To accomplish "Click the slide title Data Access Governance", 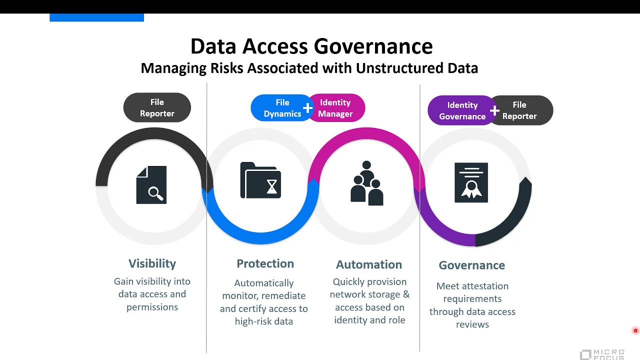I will coord(311,46).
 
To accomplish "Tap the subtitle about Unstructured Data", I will coord(309,68).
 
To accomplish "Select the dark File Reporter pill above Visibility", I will coord(157,107).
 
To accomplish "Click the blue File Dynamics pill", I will coord(280,108).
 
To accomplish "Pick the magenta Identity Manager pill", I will coord(337,108).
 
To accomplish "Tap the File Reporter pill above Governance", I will coord(521,110).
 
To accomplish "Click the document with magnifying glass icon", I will coord(151,185).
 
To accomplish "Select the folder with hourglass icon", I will coord(260,180).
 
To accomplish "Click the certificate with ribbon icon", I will coord(471,182).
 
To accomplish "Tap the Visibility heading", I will coord(152,263).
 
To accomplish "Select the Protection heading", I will coord(265,263).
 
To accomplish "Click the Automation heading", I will coord(369,264).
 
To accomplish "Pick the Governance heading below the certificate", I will coord(471,265).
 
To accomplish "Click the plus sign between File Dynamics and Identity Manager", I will coord(307,108).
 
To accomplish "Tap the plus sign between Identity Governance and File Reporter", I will coord(494,110).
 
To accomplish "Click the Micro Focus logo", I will coord(602,354).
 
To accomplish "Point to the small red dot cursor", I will coord(635,330).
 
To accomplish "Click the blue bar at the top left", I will coord(96,17).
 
